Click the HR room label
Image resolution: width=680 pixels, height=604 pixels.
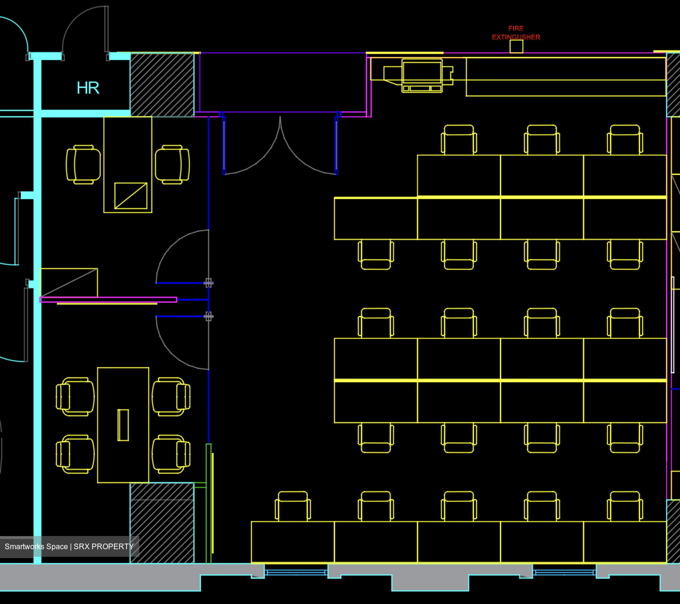click(x=88, y=88)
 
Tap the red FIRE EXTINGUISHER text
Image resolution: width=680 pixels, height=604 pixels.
click(x=516, y=33)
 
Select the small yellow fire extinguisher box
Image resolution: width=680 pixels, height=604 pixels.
click(x=516, y=47)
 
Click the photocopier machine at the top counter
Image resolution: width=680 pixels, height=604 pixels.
click(x=422, y=75)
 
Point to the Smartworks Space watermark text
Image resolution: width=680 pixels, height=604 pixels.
click(x=69, y=546)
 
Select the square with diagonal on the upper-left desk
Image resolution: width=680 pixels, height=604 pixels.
click(x=131, y=196)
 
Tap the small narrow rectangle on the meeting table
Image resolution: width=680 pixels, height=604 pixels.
click(x=123, y=425)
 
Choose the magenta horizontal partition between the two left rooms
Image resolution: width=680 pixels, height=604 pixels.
click(x=109, y=299)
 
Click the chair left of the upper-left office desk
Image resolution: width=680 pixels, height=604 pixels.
click(x=83, y=164)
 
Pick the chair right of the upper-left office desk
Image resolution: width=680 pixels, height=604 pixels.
click(x=172, y=164)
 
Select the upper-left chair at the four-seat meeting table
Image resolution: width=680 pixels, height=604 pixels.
click(x=75, y=397)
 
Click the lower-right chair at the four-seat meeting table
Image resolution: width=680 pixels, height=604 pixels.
click(x=171, y=454)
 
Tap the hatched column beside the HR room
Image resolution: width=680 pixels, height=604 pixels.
click(x=162, y=85)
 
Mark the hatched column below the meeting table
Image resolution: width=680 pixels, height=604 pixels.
click(x=162, y=523)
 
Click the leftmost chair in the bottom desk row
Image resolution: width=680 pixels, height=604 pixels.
click(x=293, y=506)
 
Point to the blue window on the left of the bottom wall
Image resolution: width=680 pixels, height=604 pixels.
click(x=296, y=572)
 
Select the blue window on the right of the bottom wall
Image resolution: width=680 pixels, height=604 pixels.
click(x=564, y=572)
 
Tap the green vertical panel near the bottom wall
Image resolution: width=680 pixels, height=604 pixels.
click(x=208, y=503)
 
